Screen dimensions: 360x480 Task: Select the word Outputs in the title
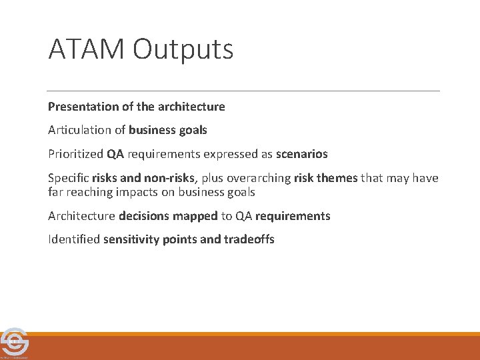[x=183, y=50]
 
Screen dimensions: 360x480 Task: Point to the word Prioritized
[x=75, y=154]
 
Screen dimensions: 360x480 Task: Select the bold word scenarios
[x=302, y=154]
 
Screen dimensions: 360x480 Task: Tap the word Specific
[x=69, y=178]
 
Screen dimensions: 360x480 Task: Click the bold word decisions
[x=143, y=216]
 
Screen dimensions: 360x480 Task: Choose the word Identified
[x=74, y=239]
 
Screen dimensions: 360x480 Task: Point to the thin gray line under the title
[x=243, y=91]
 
